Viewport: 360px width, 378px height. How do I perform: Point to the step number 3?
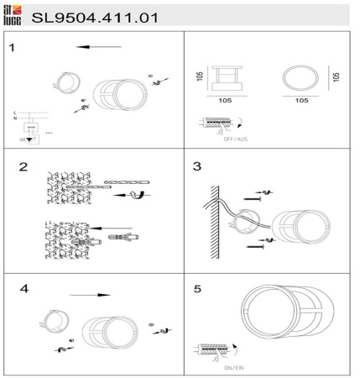(x=197, y=166)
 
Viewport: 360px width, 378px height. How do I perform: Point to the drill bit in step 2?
(x=126, y=181)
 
